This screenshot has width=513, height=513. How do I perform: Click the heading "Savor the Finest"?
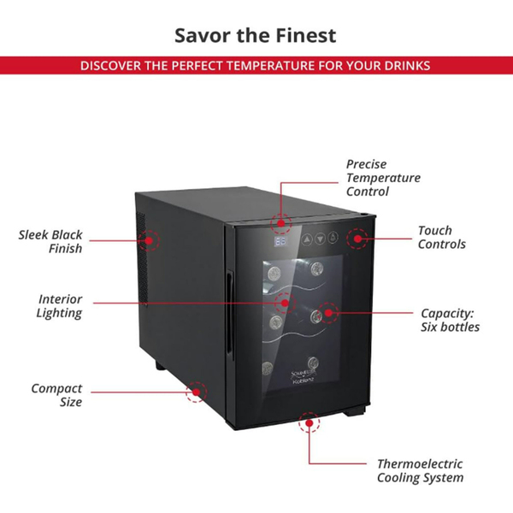[256, 35]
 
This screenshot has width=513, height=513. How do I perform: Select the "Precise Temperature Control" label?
[383, 178]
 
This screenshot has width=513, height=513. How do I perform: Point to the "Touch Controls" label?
[441, 237]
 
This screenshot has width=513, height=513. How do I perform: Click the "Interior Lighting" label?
[60, 306]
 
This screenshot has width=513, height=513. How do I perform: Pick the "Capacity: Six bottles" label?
[450, 320]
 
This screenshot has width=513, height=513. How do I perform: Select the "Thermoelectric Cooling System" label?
[420, 470]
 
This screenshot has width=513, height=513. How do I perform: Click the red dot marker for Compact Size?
[198, 392]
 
